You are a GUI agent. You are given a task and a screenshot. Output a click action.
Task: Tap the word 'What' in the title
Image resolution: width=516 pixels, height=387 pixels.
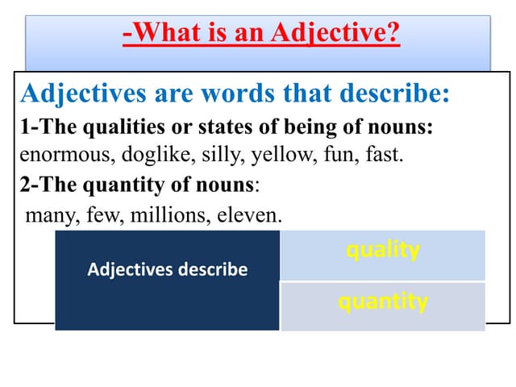tap(164, 35)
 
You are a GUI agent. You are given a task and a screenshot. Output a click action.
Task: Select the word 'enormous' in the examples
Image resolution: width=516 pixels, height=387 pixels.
tap(53, 155)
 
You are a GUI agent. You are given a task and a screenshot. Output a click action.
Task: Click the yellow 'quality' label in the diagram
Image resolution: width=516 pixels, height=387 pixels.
tap(383, 251)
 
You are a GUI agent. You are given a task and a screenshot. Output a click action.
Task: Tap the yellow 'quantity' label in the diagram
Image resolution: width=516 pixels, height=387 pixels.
tap(383, 302)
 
